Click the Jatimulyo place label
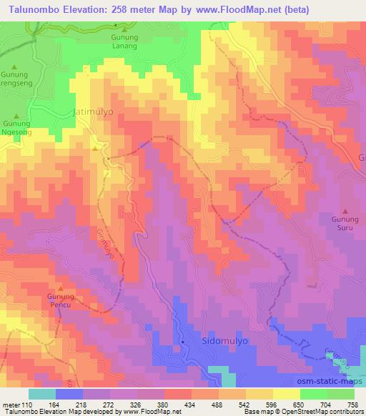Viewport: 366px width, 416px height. pyautogui.click(x=93, y=113)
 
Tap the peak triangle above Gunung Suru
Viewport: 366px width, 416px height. pyautogui.click(x=346, y=212)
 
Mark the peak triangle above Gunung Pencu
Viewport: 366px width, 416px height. pyautogui.click(x=61, y=285)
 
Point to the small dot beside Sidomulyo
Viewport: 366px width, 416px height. pyautogui.click(x=184, y=342)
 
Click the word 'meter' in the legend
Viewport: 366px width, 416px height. pyautogui.click(x=11, y=404)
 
